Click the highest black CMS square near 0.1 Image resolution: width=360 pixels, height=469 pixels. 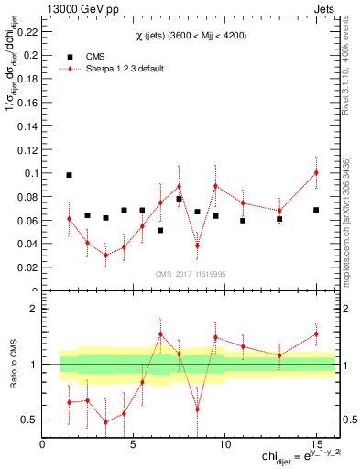69,175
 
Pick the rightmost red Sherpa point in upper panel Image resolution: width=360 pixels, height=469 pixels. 316,173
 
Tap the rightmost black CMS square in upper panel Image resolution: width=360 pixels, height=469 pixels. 316,210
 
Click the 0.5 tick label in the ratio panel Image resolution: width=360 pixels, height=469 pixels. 28,420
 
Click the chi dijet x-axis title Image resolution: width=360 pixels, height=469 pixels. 295,456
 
